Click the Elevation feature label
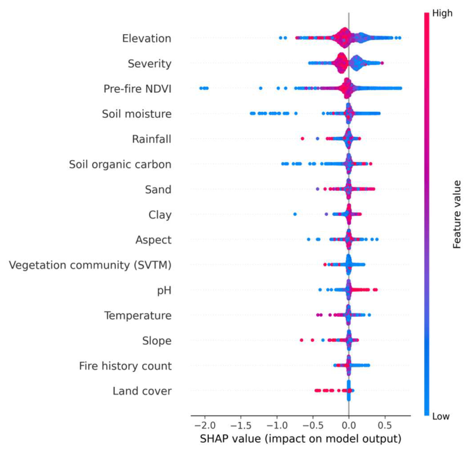point(146,39)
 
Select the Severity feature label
point(150,64)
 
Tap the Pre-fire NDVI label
point(138,89)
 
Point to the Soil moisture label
point(137,114)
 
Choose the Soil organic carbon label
point(121,165)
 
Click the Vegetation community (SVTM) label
point(90,265)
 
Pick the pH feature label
point(164,290)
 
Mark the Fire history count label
point(125,366)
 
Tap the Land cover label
point(142,391)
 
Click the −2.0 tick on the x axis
point(205,425)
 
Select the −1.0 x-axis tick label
point(277,425)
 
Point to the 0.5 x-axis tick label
point(385,425)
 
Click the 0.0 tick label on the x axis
point(348,425)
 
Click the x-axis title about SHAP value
point(300,438)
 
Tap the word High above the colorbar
point(443,13)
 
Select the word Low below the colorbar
point(441,416)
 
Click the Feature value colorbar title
point(456,214)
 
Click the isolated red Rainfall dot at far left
point(302,138)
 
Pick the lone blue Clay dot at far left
point(295,214)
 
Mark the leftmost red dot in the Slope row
point(302,340)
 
